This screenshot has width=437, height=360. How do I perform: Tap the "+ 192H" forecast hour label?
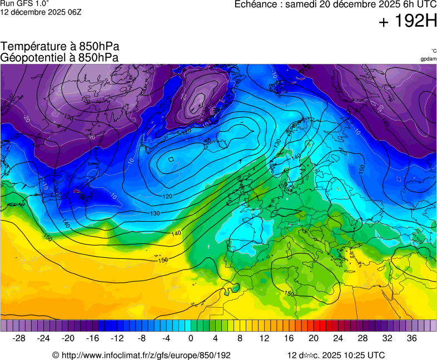coord(408,22)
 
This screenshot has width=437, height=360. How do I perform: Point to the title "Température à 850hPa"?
coord(60,47)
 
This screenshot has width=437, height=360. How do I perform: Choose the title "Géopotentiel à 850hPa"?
coord(59,57)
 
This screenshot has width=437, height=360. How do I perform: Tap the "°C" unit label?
coord(433,51)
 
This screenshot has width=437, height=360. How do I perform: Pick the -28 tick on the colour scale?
coord(19,338)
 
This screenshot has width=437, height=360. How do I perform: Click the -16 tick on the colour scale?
coord(93,338)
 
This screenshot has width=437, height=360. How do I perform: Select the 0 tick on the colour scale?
coord(191,338)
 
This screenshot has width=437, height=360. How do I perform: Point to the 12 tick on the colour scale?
coord(264,338)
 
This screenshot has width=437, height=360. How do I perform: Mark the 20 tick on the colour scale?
coord(313,338)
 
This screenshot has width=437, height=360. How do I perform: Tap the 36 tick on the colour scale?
coord(411,338)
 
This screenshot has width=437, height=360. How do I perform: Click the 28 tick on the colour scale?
coord(362,338)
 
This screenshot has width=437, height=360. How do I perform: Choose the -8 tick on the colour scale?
coord(142,338)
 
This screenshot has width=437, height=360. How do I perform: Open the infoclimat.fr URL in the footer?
coord(145,355)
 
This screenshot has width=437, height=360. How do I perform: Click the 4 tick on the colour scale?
coord(215,338)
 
